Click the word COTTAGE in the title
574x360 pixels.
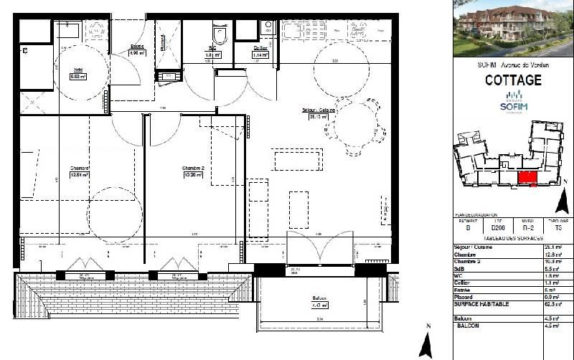pos(513,80)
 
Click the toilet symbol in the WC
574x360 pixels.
pos(219,34)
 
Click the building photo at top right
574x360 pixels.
pos(513,29)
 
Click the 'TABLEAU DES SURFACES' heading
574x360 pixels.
pos(513,238)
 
